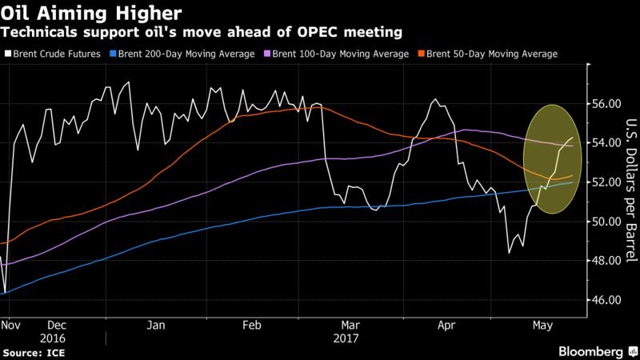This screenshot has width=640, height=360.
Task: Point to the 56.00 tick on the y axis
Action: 606,104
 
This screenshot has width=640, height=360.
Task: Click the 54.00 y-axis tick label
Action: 606,143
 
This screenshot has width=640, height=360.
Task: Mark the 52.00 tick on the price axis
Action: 606,182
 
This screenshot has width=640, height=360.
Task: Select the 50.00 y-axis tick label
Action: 606,222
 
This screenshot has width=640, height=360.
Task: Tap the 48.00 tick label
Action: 606,261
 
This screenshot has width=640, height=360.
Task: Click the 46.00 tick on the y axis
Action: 606,300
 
